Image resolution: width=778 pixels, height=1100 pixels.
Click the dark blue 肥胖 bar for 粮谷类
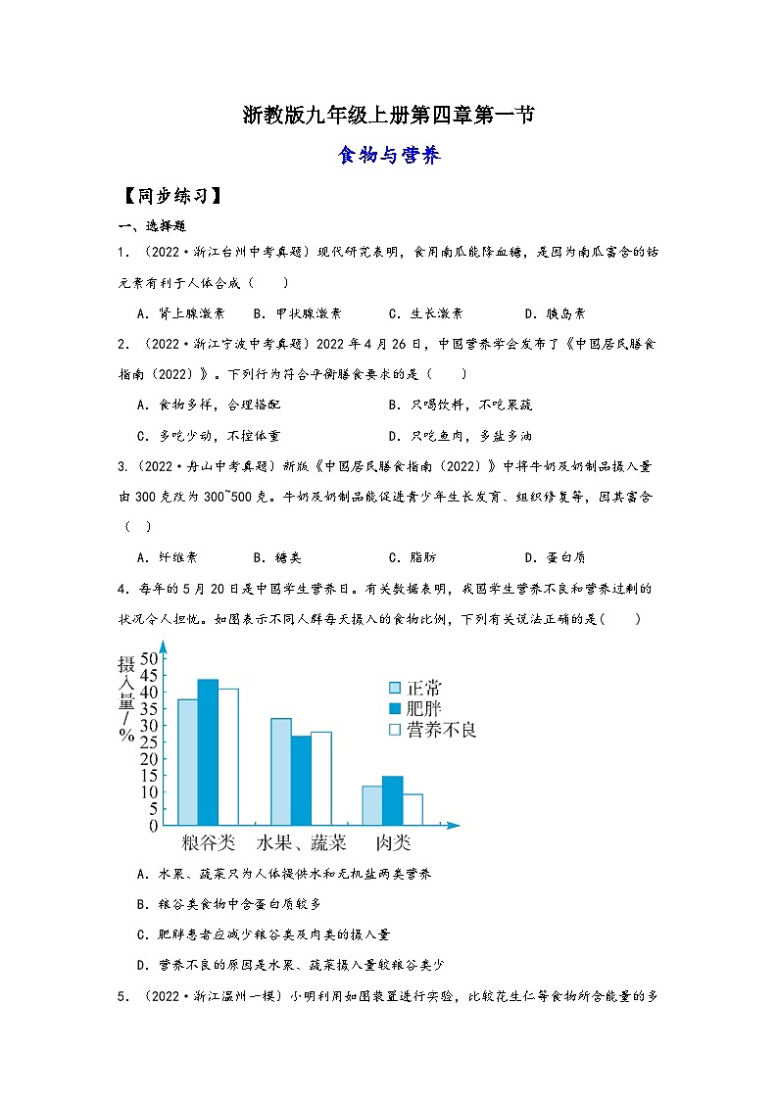pyautogui.click(x=208, y=751)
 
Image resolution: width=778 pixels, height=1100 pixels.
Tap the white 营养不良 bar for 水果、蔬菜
pyautogui.click(x=320, y=778)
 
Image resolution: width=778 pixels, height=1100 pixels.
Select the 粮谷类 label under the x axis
pyautogui.click(x=209, y=842)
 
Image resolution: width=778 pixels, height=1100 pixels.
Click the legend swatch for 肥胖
pyautogui.click(x=396, y=708)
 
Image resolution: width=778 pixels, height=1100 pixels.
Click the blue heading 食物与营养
pyautogui.click(x=388, y=155)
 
